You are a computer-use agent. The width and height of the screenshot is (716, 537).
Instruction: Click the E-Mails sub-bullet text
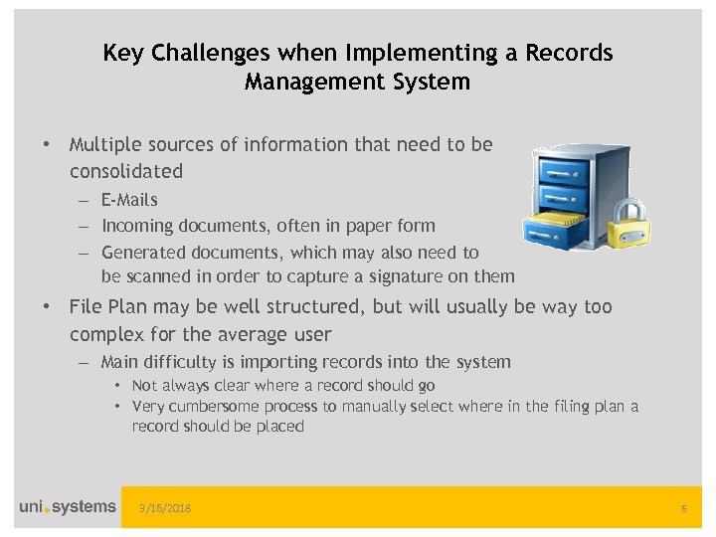coord(129,200)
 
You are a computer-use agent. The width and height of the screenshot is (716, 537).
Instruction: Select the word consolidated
coord(126,171)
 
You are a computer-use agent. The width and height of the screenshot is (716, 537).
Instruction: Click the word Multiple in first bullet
coord(104,144)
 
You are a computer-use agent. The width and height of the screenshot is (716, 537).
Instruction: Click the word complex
coord(104,334)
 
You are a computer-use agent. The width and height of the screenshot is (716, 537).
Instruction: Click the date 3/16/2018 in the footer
coord(166,509)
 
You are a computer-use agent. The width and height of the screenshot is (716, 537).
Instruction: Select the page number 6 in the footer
coord(684,509)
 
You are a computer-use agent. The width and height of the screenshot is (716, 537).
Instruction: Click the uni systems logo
coord(67,507)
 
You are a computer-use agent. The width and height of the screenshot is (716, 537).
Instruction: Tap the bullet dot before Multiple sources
coord(47,145)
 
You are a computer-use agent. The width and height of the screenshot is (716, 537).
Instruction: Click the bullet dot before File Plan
coord(47,307)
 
